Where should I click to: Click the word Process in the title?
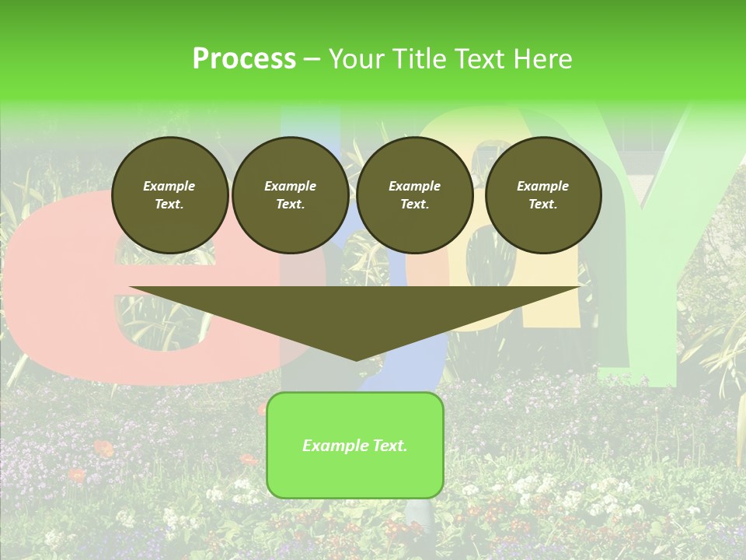[x=244, y=59]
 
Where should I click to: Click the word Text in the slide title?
[x=482, y=59]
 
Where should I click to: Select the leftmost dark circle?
[x=169, y=195]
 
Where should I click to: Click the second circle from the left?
[x=290, y=195]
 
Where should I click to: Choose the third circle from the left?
[x=414, y=195]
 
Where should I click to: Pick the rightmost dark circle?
[x=542, y=195]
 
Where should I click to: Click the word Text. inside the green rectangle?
[x=389, y=446]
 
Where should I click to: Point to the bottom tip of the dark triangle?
[x=356, y=359]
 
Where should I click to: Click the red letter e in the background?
[x=54, y=296]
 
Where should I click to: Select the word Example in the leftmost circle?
[x=169, y=186]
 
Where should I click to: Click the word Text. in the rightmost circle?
[x=542, y=205]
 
